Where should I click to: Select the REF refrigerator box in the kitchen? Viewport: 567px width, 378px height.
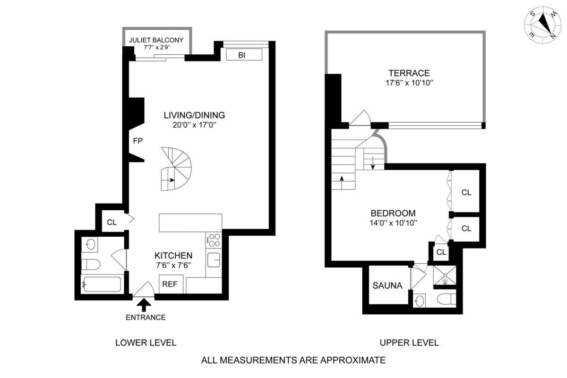click(x=170, y=284)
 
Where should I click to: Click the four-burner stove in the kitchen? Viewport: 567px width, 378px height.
click(x=214, y=240)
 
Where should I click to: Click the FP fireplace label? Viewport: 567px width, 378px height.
click(x=138, y=141)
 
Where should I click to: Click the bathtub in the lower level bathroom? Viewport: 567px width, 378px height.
click(x=101, y=284)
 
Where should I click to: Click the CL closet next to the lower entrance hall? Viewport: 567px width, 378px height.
click(x=112, y=223)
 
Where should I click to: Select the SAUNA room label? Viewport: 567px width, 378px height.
click(x=387, y=285)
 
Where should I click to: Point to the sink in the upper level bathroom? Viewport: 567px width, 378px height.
click(x=419, y=300)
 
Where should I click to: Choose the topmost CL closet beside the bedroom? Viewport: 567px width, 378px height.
click(x=466, y=192)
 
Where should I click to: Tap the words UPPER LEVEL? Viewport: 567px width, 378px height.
click(x=409, y=343)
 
